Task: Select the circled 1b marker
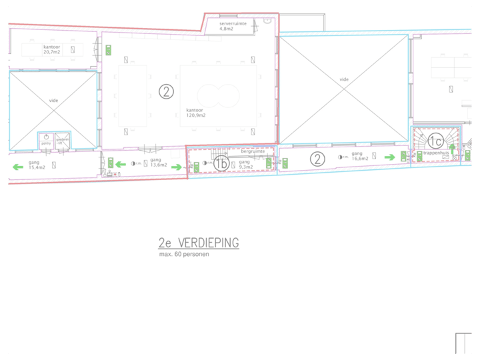coord(221,163)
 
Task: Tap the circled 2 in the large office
coord(166,91)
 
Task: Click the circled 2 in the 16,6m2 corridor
coord(318,158)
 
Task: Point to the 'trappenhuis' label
coord(431,154)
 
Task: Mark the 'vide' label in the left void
coord(53,101)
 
